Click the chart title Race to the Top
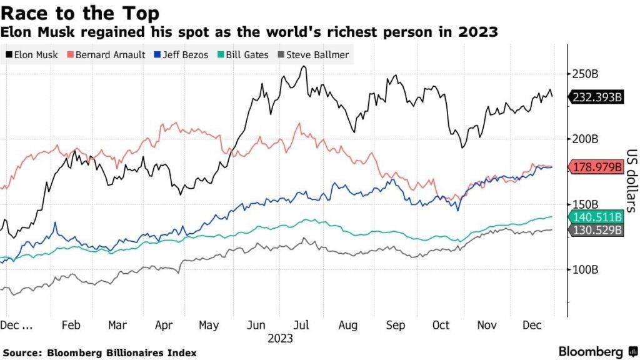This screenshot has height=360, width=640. [x=79, y=13]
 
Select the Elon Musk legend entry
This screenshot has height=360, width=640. [x=32, y=55]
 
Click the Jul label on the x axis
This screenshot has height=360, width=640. [x=301, y=326]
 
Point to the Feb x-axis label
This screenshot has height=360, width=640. [x=71, y=326]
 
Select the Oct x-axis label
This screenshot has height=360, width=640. [x=441, y=326]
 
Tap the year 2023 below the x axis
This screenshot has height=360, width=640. [x=279, y=339]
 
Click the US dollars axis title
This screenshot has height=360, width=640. [x=631, y=181]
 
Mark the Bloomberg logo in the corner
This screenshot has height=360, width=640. [x=591, y=351]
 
